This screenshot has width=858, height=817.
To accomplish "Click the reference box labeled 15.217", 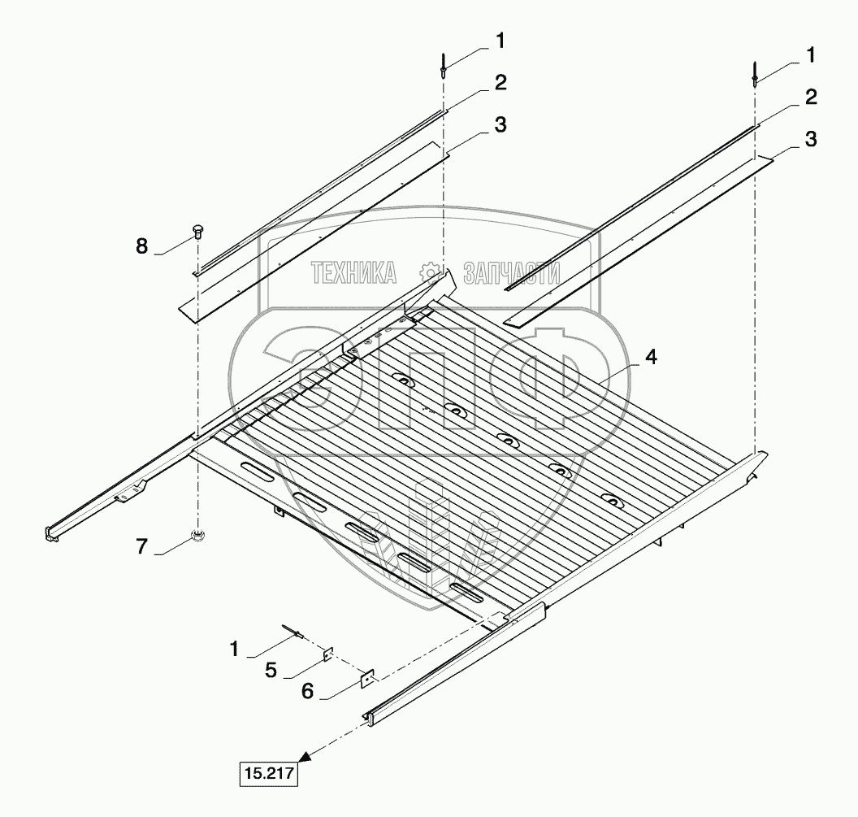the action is pyautogui.click(x=269, y=773).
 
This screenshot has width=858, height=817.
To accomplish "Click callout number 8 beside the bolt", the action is pyautogui.click(x=141, y=246).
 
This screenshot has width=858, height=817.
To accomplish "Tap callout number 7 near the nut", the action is pyautogui.click(x=141, y=546).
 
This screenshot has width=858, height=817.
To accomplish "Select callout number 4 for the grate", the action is pyautogui.click(x=650, y=357).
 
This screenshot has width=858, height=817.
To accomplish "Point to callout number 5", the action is pyautogui.click(x=271, y=670).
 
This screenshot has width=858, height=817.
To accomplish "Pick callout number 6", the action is pyautogui.click(x=307, y=691).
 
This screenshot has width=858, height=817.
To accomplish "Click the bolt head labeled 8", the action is pyautogui.click(x=198, y=232).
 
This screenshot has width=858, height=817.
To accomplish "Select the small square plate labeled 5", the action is pyautogui.click(x=327, y=654).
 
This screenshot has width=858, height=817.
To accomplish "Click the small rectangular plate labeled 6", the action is pyautogui.click(x=368, y=678).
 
